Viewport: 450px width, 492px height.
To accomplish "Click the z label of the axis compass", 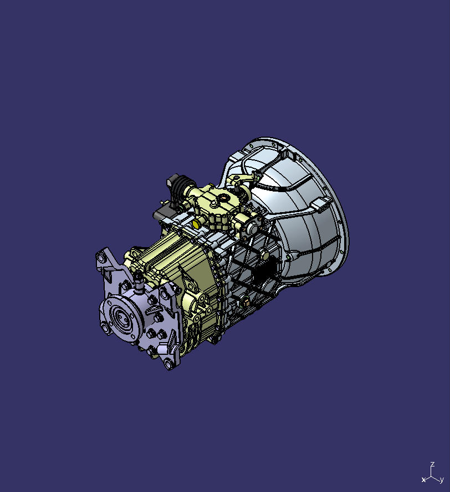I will tap(432, 464).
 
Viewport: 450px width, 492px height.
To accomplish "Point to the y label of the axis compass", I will tap(441, 479).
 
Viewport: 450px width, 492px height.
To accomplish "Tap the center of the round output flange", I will tap(120, 319).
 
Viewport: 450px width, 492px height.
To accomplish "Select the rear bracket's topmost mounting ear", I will tap(103, 256).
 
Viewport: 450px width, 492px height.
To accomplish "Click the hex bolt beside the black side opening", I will tap(265, 255).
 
